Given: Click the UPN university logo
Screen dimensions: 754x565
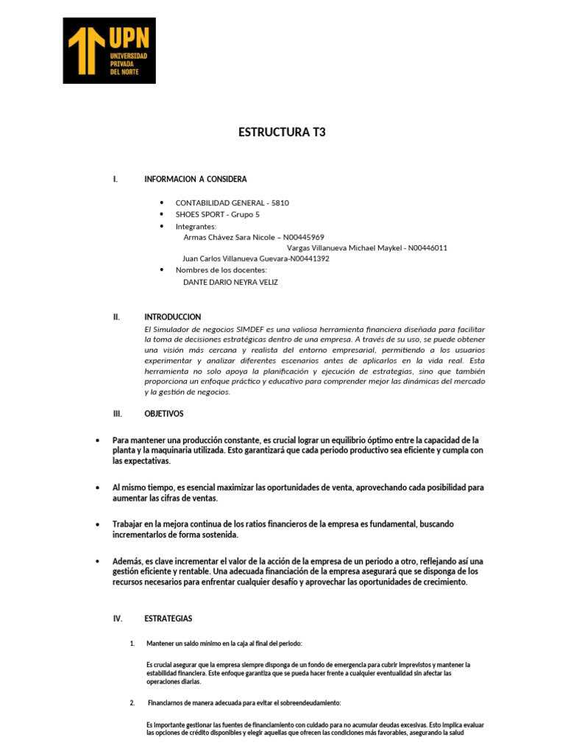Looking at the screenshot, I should coord(109,50).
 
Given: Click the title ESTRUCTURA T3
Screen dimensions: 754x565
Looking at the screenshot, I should coord(282,133).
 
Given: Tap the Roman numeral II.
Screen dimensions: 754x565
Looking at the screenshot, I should coord(116,317).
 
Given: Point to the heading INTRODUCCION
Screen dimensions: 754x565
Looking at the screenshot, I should coord(173,317).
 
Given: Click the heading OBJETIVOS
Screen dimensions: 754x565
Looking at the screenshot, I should coord(164,414).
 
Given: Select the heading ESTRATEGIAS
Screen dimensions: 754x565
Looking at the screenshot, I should coord(168,619).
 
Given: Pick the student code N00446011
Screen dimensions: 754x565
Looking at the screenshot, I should coord(427,248).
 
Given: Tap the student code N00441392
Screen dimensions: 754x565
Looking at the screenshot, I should coord(309,259).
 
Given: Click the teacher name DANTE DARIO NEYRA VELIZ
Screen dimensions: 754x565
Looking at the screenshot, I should coord(230,282).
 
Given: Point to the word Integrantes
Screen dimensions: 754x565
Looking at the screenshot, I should coord(196,226).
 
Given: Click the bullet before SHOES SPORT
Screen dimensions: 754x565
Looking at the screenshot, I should coord(161,214).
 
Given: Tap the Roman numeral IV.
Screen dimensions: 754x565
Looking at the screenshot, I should coord(118,619).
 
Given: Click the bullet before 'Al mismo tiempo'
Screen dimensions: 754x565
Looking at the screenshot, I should coord(98,487).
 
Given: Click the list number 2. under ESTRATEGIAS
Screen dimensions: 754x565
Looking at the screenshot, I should coord(132,702).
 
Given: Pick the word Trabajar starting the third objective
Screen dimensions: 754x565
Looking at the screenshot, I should coord(131,524).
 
